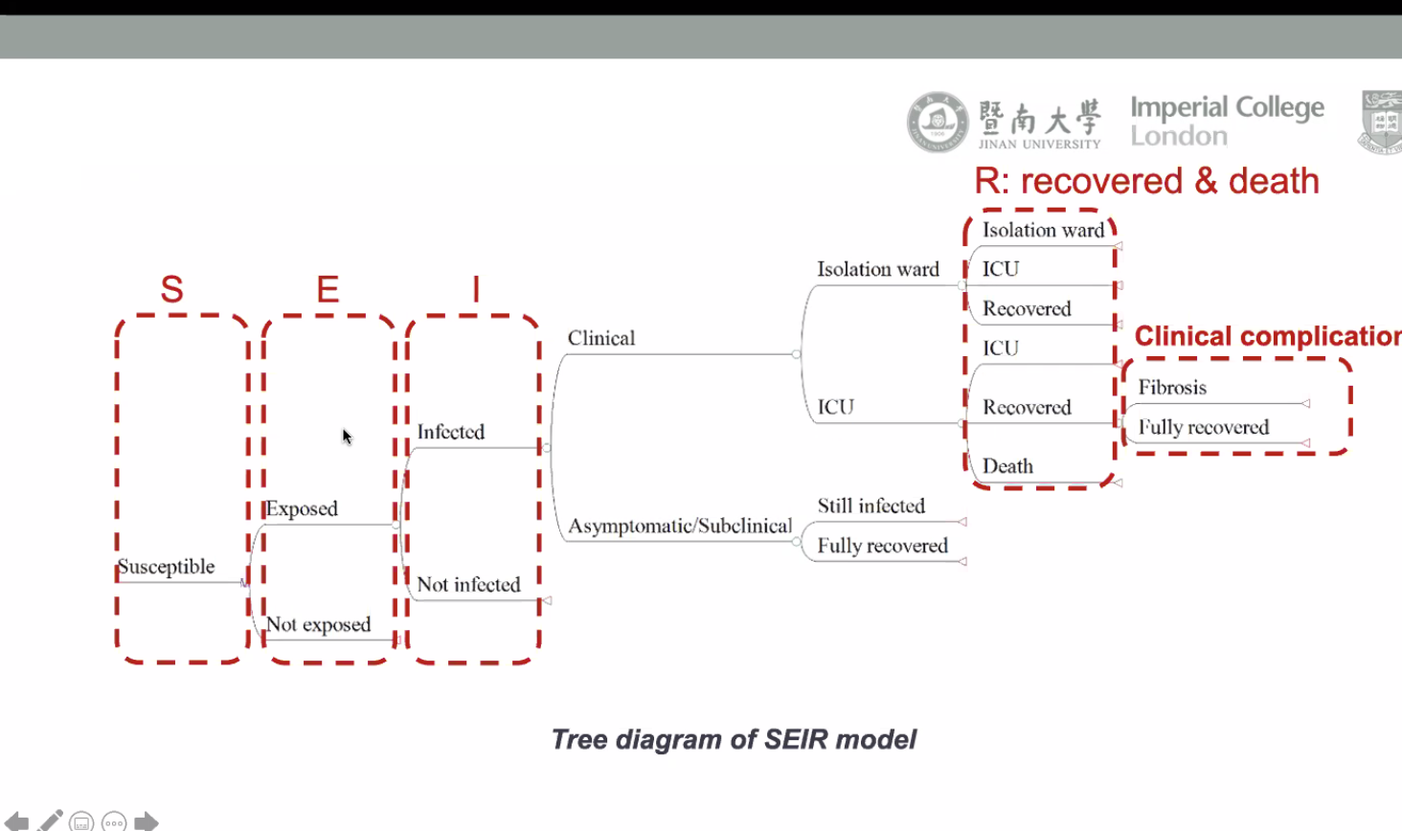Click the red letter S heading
click(172, 288)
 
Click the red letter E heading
click(328, 288)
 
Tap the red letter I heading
click(475, 288)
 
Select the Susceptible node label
click(166, 567)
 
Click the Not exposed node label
click(318, 624)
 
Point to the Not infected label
click(468, 584)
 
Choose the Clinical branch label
click(600, 338)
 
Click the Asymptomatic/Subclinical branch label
click(680, 526)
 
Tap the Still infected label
click(871, 505)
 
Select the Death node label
click(1007, 466)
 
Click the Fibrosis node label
click(1172, 388)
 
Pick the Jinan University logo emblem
click(938, 123)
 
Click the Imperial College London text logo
click(1227, 121)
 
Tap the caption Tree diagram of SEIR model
click(734, 739)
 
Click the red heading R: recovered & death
click(1146, 181)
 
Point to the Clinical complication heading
click(1267, 336)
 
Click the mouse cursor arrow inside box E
click(347, 437)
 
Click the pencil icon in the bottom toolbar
click(50, 820)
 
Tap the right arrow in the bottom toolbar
click(147, 821)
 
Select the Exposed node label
click(302, 508)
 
